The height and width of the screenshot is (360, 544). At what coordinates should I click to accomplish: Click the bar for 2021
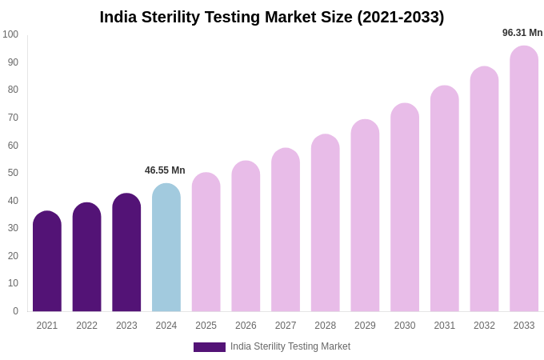[x=47, y=262]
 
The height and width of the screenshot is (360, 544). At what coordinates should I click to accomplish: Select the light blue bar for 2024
[x=166, y=248]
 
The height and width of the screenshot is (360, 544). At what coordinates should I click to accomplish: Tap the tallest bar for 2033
[x=524, y=179]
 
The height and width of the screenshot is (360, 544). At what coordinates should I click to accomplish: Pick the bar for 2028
[x=326, y=223]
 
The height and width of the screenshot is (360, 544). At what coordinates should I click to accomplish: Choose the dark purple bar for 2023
[x=126, y=253]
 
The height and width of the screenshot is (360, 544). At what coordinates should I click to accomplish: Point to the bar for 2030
[x=405, y=208]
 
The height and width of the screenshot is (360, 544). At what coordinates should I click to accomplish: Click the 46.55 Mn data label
[x=165, y=170]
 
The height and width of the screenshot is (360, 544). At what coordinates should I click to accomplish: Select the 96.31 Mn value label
[x=522, y=33]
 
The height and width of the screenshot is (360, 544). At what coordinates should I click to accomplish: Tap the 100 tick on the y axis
[x=10, y=34]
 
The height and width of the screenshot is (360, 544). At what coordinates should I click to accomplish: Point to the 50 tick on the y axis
[x=13, y=173]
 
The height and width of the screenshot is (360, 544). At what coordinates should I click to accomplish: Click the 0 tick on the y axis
[x=15, y=311]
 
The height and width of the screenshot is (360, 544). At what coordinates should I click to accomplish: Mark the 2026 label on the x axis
[x=246, y=326]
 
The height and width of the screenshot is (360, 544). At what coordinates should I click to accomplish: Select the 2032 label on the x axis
[x=484, y=326]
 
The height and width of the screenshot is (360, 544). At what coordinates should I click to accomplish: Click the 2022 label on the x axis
[x=86, y=326]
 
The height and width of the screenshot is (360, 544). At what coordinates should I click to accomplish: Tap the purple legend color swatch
[x=210, y=347]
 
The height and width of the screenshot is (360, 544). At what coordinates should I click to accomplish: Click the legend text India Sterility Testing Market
[x=290, y=346]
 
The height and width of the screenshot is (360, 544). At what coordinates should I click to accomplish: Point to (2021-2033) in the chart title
[x=400, y=17]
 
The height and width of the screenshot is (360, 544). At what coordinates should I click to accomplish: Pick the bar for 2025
[x=206, y=242]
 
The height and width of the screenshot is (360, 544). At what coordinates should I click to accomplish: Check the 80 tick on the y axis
[x=13, y=90]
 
